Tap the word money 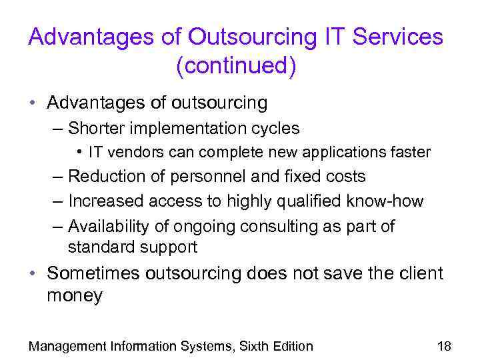tap(75, 296)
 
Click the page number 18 tap(444, 345)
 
